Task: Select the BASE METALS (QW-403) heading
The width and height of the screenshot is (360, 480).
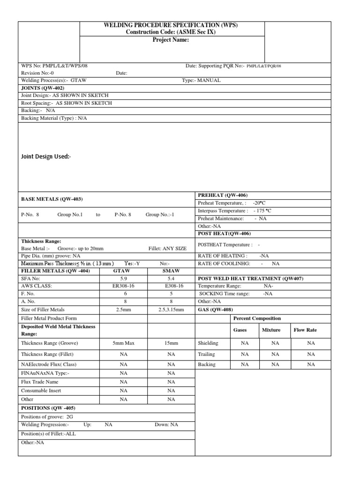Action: tap(52, 199)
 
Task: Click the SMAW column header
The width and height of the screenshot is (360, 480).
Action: tap(171, 271)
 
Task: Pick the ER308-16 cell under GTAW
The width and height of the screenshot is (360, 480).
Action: tap(124, 286)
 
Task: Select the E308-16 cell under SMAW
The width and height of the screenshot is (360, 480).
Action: tap(171, 286)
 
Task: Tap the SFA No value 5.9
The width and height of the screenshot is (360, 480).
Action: tap(124, 278)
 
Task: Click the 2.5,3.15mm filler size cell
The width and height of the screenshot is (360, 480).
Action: tap(171, 309)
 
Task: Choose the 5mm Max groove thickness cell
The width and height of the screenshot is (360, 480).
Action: tap(124, 343)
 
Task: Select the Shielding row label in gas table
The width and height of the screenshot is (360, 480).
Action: tap(209, 343)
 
